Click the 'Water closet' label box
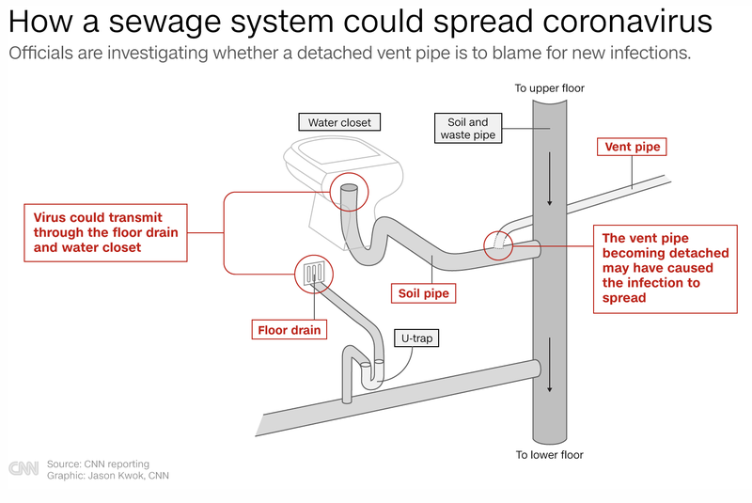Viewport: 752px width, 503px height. point(339,122)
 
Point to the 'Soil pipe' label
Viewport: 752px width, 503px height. point(423,293)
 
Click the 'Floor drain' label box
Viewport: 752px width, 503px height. point(290,330)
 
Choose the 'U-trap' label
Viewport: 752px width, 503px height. point(415,338)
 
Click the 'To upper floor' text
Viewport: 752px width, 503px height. point(550,88)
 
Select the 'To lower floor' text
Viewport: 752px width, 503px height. point(550,455)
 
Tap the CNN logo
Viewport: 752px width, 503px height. point(23,469)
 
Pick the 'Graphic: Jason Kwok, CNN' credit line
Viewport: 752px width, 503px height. point(108,476)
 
